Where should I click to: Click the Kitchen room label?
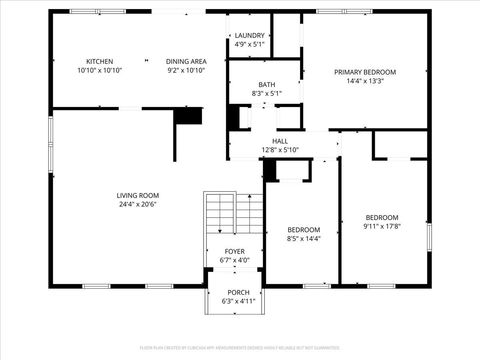(x=100, y=61)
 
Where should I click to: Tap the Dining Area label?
(x=186, y=61)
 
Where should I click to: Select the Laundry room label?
(x=250, y=35)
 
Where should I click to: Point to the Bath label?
(x=266, y=84)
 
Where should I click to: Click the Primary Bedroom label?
(x=365, y=72)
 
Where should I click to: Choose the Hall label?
(x=280, y=141)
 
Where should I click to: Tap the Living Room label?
(x=138, y=195)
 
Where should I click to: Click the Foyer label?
(x=234, y=252)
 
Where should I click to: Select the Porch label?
(x=238, y=292)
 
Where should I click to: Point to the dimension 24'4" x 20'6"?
(x=138, y=205)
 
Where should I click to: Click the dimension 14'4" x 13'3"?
(x=365, y=81)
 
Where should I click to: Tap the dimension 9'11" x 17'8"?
(x=381, y=227)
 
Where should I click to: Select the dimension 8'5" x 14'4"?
(x=304, y=238)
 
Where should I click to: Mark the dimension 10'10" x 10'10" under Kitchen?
(x=100, y=71)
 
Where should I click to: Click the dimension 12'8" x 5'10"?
(x=280, y=150)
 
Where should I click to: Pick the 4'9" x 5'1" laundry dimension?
(x=250, y=45)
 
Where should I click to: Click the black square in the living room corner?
(x=188, y=115)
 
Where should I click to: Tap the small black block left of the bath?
(x=234, y=116)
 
